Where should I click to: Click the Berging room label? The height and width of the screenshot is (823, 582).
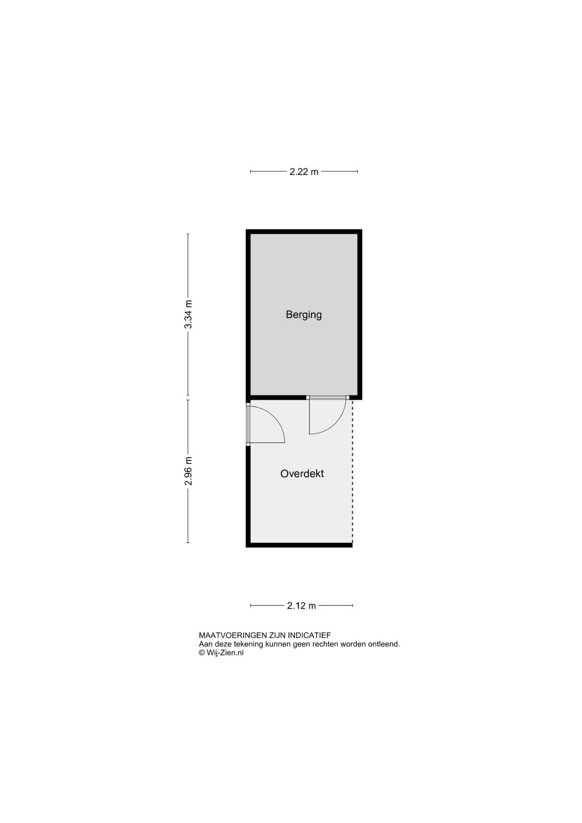point(304,315)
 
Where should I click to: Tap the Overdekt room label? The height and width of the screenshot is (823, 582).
point(302,474)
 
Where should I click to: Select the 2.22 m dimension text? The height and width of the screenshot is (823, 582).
point(304,172)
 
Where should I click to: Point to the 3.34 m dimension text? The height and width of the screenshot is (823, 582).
point(188,314)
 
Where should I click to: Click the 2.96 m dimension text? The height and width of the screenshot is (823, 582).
point(188,471)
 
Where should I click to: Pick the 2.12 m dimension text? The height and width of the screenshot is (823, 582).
point(301,606)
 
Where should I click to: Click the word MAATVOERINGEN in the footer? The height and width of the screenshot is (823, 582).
point(233,635)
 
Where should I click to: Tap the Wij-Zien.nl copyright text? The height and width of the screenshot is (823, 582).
point(221,653)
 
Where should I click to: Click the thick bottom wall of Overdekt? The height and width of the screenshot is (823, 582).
point(299,545)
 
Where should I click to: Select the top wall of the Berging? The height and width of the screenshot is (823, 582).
point(304,231)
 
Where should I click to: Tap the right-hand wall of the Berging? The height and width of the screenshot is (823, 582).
point(360,314)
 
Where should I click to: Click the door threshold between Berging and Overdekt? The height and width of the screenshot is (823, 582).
point(328,397)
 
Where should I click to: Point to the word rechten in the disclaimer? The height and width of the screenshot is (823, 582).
point(325,644)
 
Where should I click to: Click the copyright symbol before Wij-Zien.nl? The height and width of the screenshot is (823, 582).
point(202,653)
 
